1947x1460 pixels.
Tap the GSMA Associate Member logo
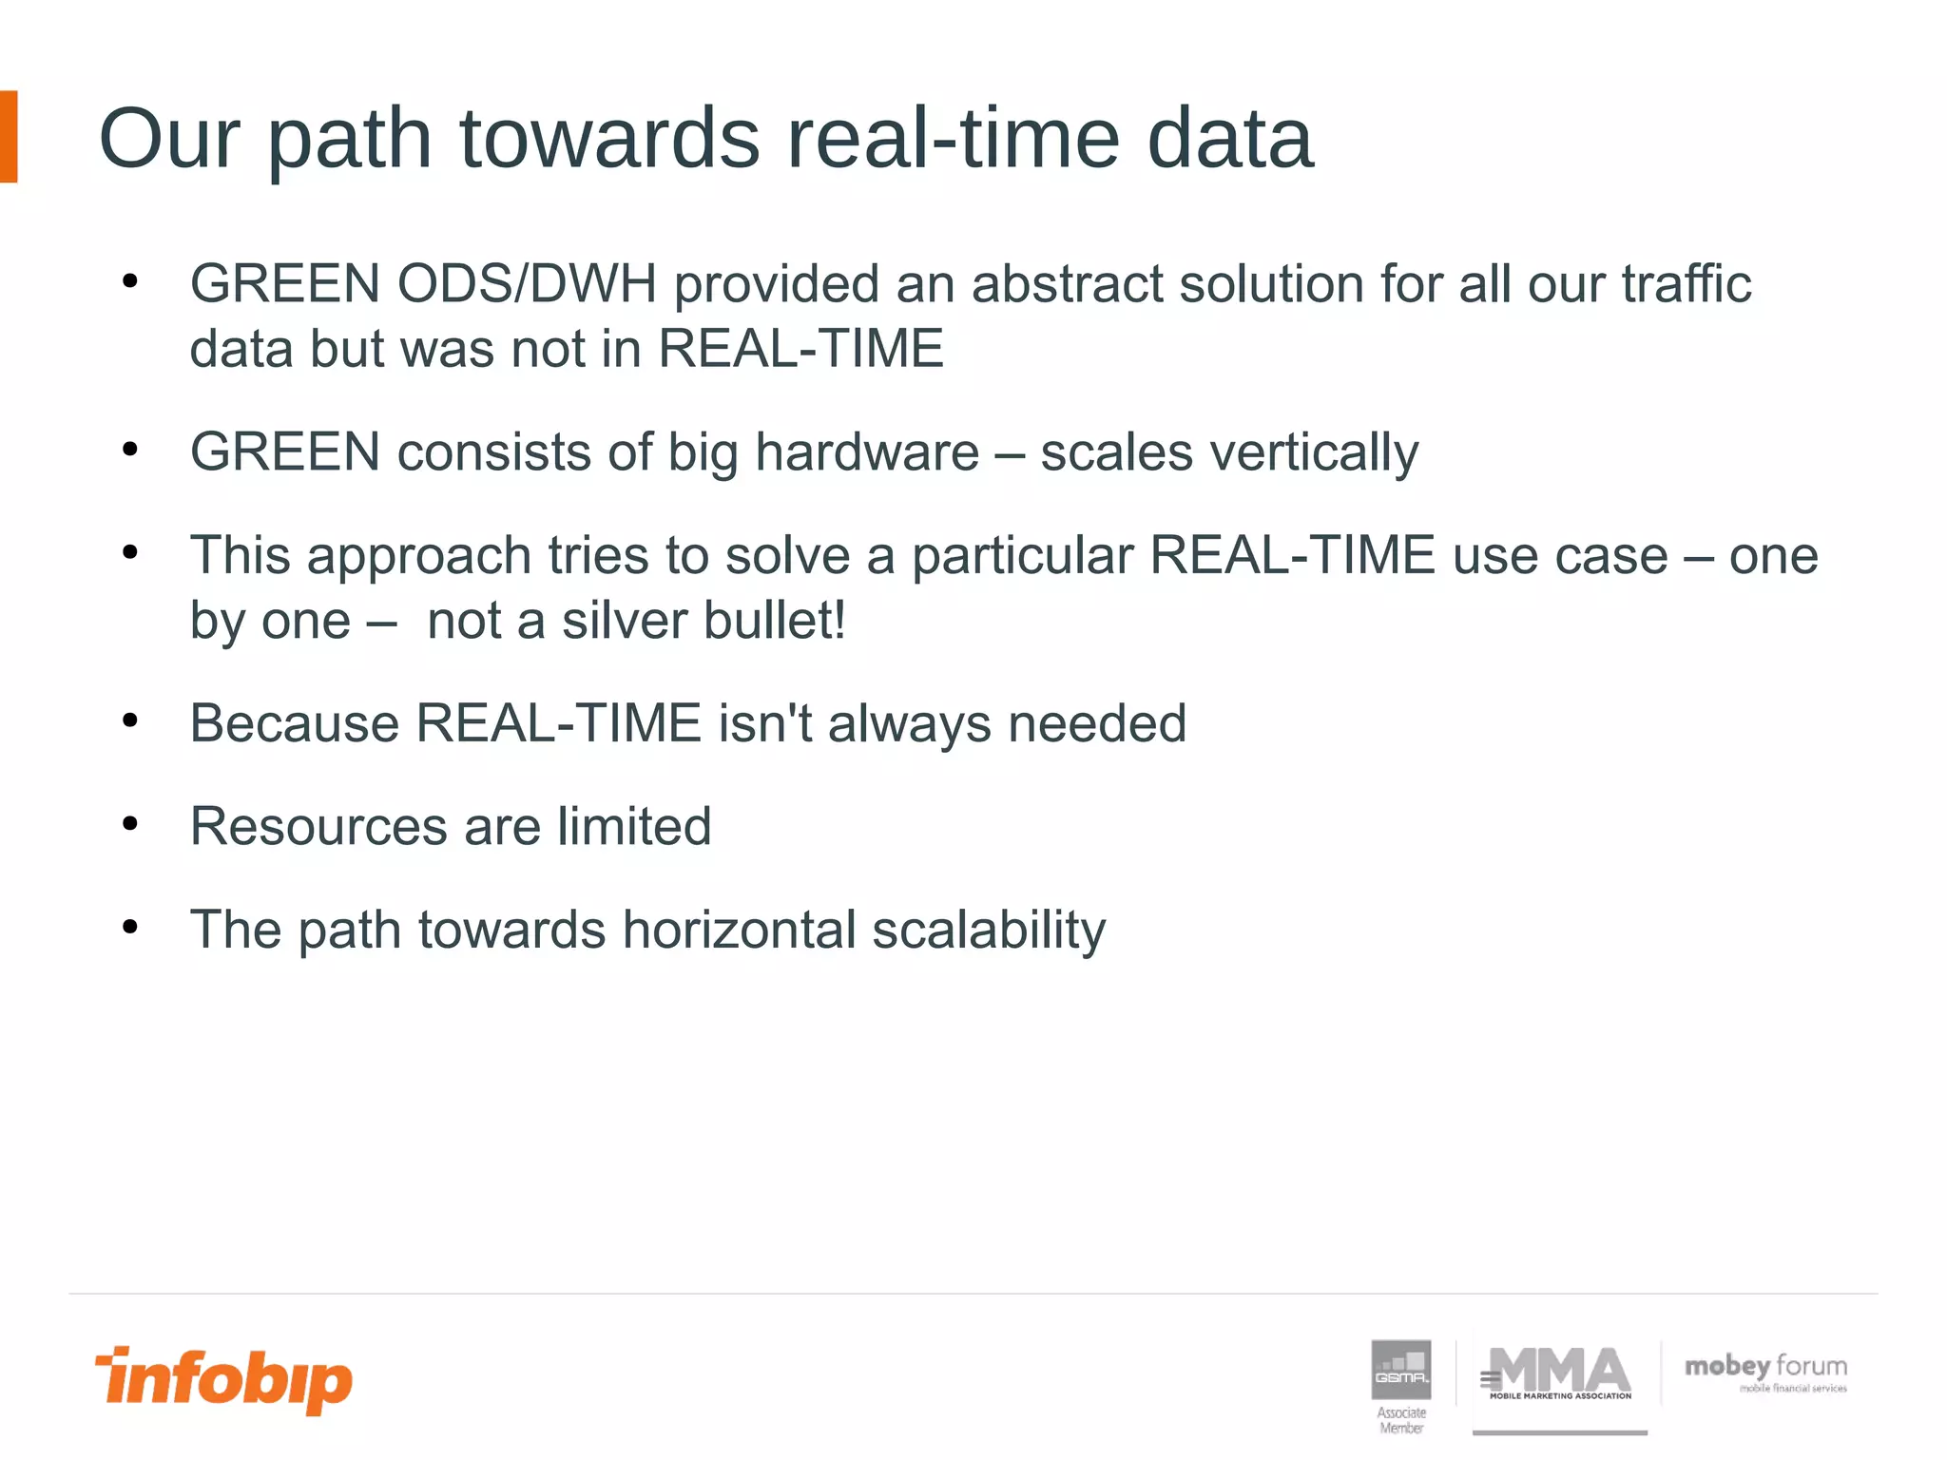click(1401, 1383)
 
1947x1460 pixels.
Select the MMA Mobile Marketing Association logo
click(1559, 1374)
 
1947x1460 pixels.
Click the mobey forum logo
click(1765, 1372)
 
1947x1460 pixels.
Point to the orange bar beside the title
click(9, 137)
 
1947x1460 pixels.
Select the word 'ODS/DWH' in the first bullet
click(527, 283)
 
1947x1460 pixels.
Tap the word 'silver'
click(624, 621)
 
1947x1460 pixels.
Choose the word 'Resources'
click(318, 826)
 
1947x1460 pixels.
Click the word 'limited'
click(634, 826)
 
